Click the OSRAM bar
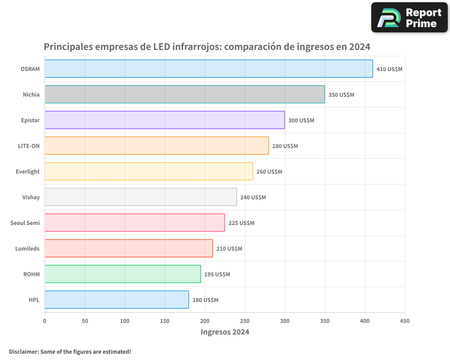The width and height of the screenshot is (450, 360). (208, 69)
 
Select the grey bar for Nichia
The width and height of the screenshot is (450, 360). (184, 94)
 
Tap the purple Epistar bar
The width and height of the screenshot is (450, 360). (165, 120)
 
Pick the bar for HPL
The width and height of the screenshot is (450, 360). (117, 300)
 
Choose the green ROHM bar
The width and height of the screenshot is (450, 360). (122, 274)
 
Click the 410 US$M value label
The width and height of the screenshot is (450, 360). (389, 69)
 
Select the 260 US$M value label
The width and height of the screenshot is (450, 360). (269, 172)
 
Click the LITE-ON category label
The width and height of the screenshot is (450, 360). (29, 146)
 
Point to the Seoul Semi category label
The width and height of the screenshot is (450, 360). (25, 223)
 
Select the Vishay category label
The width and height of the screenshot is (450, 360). (31, 197)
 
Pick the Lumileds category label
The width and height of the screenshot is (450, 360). (27, 248)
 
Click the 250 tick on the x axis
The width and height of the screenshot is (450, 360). (245, 321)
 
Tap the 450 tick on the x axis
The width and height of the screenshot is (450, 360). (405, 321)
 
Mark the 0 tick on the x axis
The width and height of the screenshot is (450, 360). (45, 321)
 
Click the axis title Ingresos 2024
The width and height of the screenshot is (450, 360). (225, 332)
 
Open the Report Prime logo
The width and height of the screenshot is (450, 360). (409, 18)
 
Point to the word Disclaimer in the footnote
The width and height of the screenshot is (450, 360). (23, 351)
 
